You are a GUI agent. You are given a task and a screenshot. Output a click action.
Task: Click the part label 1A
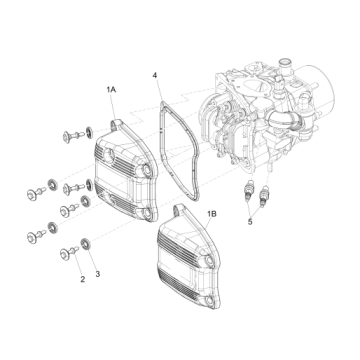coord(111,89)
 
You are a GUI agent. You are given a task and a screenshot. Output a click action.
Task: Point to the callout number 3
coord(97,272)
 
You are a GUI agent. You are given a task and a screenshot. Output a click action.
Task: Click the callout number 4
coord(156,74)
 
